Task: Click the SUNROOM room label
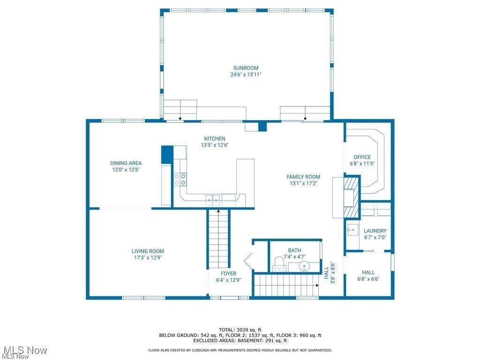click(246, 68)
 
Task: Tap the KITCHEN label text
click(215, 139)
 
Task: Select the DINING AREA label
click(126, 163)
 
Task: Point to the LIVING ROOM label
click(148, 251)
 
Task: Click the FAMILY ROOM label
click(303, 177)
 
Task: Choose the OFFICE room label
click(362, 157)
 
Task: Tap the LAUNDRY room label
click(375, 231)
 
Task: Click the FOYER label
click(229, 274)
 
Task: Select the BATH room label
click(295, 250)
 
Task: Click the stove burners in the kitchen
click(180, 179)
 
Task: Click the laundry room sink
click(352, 230)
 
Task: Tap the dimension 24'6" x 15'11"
click(246, 75)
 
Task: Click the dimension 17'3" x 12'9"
click(148, 257)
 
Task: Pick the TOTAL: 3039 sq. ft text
click(240, 330)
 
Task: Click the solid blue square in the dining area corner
click(167, 154)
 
